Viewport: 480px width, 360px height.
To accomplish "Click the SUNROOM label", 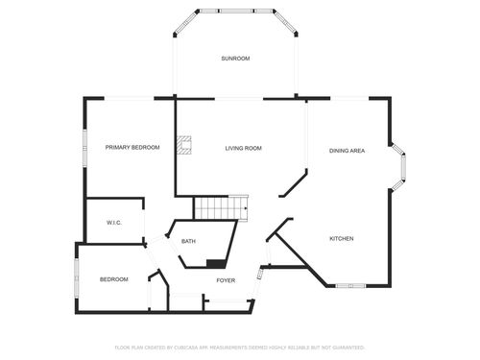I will (235, 59).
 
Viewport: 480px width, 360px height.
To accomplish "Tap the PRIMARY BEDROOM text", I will (132, 148).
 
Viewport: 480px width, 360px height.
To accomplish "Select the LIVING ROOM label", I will (244, 148).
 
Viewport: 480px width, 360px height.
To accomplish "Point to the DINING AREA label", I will (347, 151).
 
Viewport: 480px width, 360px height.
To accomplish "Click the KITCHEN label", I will (343, 238).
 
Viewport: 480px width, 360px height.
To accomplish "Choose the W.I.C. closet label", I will (113, 223).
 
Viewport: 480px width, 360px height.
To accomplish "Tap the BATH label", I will (189, 241).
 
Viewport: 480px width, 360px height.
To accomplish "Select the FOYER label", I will (226, 280).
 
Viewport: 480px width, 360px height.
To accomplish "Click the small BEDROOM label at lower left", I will (113, 279).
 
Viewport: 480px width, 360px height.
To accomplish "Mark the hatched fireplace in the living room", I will (189, 146).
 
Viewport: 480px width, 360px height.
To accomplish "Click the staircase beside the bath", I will (219, 207).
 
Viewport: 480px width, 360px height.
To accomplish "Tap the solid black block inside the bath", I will (216, 263).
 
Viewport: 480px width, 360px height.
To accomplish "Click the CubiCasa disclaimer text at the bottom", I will (240, 348).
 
